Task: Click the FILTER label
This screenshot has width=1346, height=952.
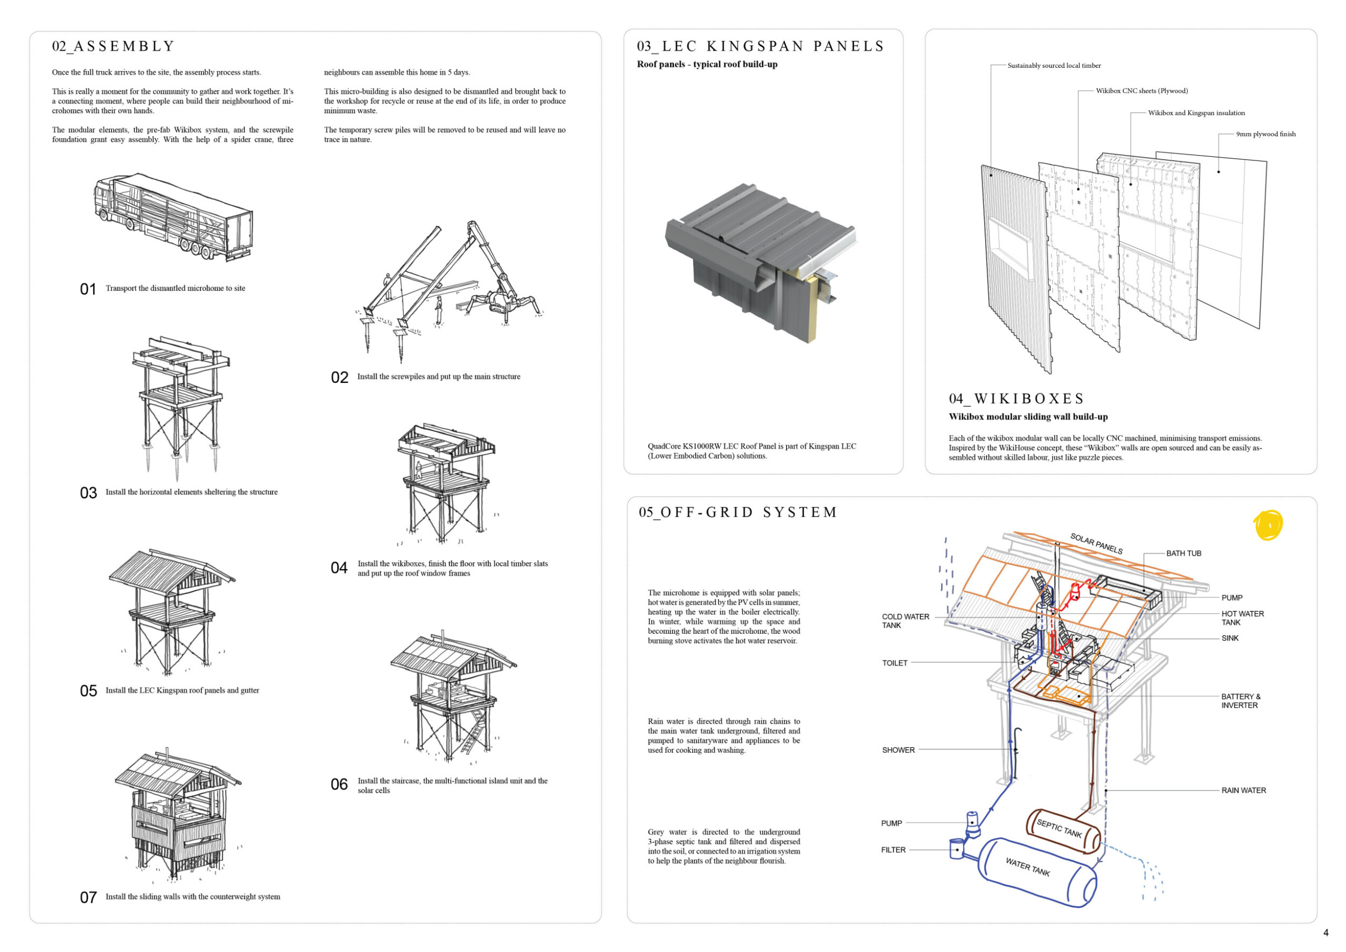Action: [893, 850]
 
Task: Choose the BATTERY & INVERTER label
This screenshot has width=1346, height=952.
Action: [1240, 701]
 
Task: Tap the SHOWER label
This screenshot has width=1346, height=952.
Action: [898, 750]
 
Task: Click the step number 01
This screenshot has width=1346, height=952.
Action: [88, 289]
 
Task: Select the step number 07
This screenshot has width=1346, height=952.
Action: [88, 898]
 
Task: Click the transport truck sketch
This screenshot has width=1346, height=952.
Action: [173, 217]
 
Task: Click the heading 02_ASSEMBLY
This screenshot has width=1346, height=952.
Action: [114, 46]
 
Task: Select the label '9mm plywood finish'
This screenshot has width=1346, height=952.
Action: [1266, 134]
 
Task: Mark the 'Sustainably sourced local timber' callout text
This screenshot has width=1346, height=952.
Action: [1054, 66]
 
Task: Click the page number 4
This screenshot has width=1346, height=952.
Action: [1326, 933]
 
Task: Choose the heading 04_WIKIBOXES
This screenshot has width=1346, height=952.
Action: [1016, 398]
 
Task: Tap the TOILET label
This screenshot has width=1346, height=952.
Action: [895, 663]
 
